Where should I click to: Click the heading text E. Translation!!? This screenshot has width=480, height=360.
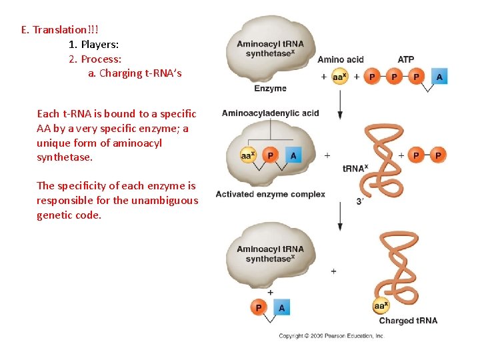pos(59,30)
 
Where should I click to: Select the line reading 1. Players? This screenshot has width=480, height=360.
pos(94,45)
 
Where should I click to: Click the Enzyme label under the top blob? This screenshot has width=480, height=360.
pos(270,88)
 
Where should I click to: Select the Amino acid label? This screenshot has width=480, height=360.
pos(341,59)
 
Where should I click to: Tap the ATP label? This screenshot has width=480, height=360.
pos(405,59)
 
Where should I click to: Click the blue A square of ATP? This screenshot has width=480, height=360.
pos(439,77)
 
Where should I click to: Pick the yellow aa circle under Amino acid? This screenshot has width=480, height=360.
pos(340,77)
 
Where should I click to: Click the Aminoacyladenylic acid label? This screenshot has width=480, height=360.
pos(270,113)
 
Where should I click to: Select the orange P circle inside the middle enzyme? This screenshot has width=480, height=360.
pos(270,155)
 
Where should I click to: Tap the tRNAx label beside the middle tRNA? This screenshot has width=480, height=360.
pos(355,169)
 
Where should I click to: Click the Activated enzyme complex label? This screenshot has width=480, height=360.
pos(270,194)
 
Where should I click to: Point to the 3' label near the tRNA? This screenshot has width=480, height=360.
pos(360,201)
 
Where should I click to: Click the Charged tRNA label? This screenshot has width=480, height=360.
pos(408,321)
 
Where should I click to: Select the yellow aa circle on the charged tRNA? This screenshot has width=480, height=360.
pos(381,307)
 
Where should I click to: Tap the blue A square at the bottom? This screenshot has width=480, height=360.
pos(281,307)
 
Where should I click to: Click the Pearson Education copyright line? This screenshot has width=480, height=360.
pos(331,336)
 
